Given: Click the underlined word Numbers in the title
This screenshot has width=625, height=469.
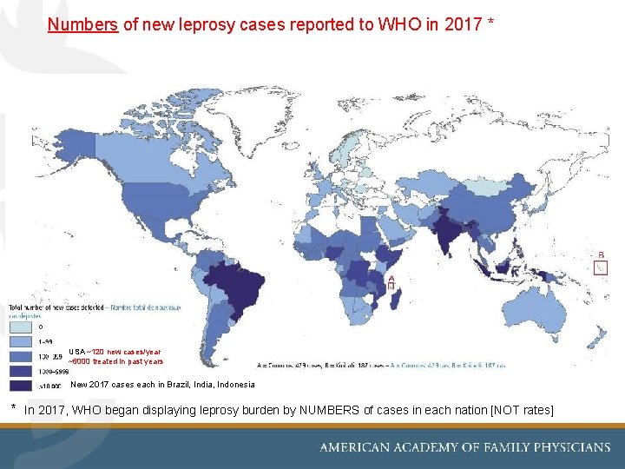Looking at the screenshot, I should pos(83,25).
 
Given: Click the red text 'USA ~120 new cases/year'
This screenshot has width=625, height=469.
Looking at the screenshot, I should pos(115,352).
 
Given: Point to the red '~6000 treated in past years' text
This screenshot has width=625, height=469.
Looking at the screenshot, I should pos(115,361).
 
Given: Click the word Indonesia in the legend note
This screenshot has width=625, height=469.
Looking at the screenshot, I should pos(237,384).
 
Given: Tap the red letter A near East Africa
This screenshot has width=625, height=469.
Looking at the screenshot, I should pos(391,277).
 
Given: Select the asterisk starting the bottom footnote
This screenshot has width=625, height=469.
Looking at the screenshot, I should pos(13,407).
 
